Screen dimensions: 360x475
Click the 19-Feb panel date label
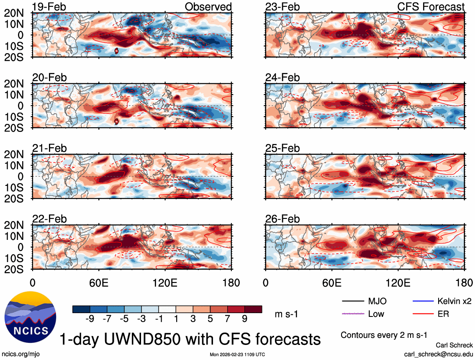coord(49,7)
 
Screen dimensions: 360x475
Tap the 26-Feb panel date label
coord(282,219)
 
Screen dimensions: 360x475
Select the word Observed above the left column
coord(208,7)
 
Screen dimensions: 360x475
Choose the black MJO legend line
coord(353,301)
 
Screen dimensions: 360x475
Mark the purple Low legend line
coord(353,314)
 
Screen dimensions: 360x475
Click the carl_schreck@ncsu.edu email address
coord(439,354)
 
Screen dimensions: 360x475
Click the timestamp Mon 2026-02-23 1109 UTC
coord(237,354)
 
